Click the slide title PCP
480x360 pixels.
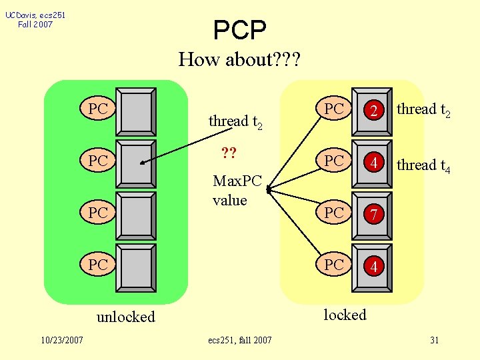click(239, 29)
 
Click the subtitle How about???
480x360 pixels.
click(239, 60)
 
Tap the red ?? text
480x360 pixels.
click(229, 154)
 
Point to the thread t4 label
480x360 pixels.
click(423, 165)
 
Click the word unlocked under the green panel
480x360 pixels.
click(125, 317)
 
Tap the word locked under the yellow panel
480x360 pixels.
click(345, 315)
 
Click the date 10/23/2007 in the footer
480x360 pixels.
click(61, 340)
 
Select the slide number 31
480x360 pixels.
click(434, 340)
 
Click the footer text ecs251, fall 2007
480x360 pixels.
click(240, 340)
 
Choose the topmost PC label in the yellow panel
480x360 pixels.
click(334, 109)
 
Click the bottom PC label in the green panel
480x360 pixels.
click(98, 265)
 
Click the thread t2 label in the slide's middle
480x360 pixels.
click(235, 121)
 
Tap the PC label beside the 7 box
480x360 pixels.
click(334, 213)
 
